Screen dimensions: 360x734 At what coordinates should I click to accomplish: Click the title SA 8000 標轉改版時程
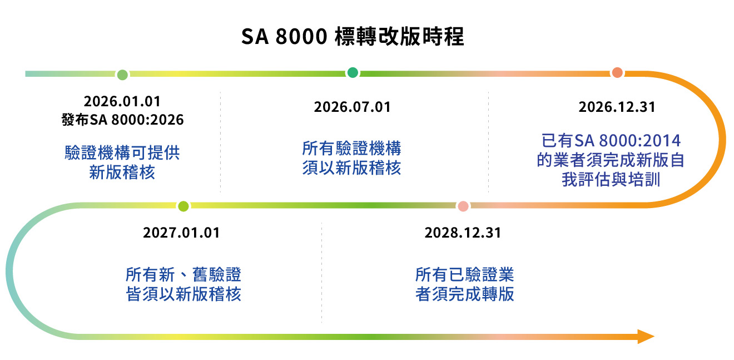[x=353, y=37]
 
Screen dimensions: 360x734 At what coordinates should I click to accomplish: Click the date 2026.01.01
[x=122, y=101]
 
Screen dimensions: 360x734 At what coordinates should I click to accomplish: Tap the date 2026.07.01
[x=352, y=107]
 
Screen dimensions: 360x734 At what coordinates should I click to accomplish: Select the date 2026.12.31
[x=617, y=107]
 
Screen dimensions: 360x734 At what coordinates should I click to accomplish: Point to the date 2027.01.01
[x=181, y=233]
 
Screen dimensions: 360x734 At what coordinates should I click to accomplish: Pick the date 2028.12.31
[x=463, y=233]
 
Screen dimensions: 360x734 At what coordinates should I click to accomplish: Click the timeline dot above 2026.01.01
[x=122, y=74]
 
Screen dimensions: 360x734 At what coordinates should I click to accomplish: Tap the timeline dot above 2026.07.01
[x=353, y=73]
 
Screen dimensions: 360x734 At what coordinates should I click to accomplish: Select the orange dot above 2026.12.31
[x=617, y=73]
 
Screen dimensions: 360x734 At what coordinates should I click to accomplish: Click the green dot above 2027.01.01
[x=183, y=206]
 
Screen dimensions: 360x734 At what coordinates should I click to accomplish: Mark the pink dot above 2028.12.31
[x=463, y=206]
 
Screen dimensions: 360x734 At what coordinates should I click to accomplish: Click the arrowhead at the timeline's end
[x=646, y=337]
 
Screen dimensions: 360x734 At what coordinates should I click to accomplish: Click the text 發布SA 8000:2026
[x=122, y=120]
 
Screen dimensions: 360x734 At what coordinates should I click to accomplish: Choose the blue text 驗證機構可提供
[x=122, y=152]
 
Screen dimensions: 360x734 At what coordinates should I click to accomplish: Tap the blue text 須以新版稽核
[x=352, y=167]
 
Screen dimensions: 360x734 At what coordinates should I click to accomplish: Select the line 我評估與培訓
[x=611, y=180]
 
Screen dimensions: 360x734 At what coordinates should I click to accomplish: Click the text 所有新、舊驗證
[x=183, y=274]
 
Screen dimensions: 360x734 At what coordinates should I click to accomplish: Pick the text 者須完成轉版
[x=464, y=294]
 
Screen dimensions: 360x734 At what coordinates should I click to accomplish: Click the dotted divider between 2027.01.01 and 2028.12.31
[x=321, y=273]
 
